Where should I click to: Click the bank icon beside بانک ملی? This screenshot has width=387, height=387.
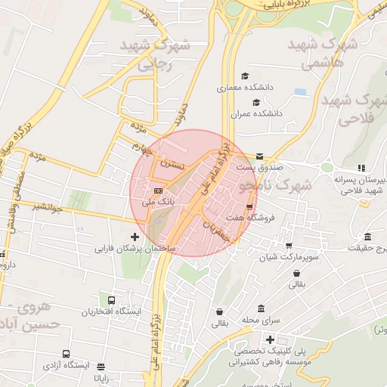point(157,190)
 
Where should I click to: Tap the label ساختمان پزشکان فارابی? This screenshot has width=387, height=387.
point(135,248)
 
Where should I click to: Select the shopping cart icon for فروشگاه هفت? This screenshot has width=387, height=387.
point(249,206)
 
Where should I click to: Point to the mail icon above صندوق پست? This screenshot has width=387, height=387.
point(259,155)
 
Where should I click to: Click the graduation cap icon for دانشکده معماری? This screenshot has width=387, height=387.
point(244,76)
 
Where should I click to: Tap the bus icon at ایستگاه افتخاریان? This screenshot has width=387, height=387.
point(112,300)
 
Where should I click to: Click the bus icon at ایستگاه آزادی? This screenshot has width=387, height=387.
point(67,354)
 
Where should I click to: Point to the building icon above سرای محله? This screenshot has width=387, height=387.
point(261,309)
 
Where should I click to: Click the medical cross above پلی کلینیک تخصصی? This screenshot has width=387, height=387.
point(270,340)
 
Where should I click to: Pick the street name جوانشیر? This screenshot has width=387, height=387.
point(48,205)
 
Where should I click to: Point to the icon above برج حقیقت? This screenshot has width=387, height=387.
point(367,237)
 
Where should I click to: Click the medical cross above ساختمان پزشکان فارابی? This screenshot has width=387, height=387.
point(135,237)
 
